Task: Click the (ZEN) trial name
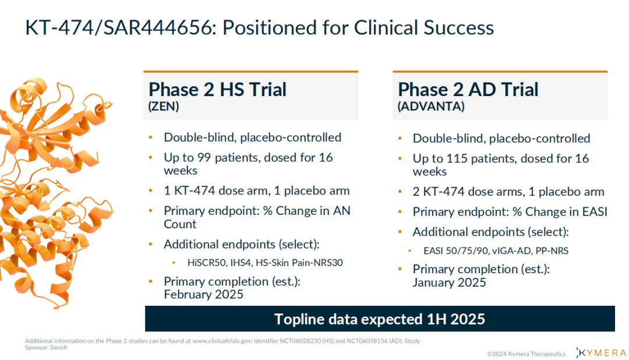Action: (164, 107)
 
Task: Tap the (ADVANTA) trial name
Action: (431, 107)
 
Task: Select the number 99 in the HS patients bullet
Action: (204, 157)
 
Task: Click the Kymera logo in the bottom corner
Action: (600, 353)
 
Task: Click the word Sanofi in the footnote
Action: (59, 348)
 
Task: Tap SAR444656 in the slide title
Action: (158, 28)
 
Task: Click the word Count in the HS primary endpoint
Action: (180, 224)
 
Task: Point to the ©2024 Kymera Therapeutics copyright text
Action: (526, 354)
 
